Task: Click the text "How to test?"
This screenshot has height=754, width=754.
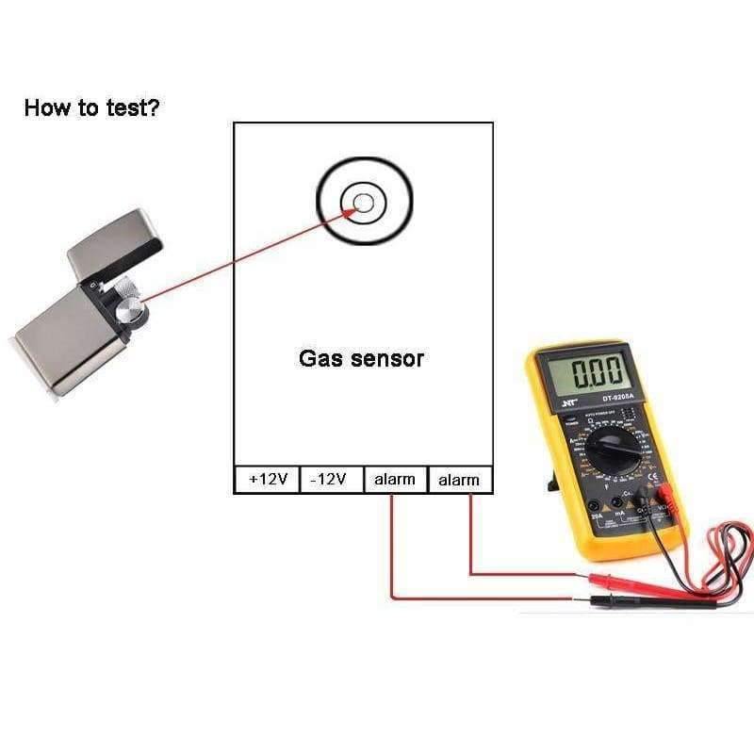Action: point(91,107)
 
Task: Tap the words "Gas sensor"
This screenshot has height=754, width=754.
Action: point(361,358)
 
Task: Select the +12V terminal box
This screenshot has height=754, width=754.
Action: point(267,480)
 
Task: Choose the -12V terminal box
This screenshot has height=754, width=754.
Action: point(329,480)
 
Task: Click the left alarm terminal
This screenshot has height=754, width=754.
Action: point(394,480)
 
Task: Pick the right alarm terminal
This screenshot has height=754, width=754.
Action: point(459,480)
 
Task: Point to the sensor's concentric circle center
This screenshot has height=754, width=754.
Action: point(363,201)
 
